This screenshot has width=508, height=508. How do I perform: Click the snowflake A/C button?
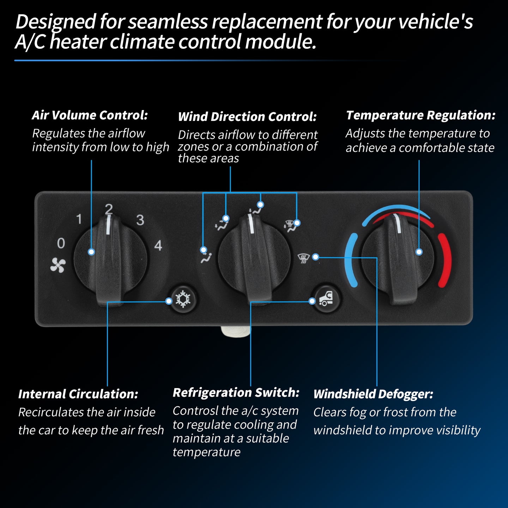click(183, 299)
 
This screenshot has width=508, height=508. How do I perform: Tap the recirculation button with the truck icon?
click(326, 299)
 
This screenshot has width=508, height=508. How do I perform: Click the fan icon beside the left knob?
click(58, 265)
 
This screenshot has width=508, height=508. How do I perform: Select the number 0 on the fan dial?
click(61, 243)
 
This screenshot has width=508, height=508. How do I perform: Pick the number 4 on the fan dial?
click(158, 245)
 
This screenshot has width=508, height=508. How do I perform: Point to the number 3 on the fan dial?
click(140, 220)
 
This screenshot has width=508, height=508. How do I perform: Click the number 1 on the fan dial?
click(79, 219)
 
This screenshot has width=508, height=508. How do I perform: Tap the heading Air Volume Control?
click(90, 115)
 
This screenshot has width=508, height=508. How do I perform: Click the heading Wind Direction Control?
click(247, 116)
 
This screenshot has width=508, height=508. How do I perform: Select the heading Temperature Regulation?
click(421, 115)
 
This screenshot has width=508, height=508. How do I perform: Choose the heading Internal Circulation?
click(78, 394)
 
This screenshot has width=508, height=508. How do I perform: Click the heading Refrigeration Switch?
click(236, 393)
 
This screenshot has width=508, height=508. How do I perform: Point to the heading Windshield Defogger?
click(373, 394)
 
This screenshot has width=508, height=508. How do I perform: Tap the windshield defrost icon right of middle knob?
click(303, 258)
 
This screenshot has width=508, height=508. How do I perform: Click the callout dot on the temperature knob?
click(419, 252)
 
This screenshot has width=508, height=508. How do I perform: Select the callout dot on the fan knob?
click(91, 252)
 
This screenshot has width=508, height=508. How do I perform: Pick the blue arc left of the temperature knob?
click(350, 260)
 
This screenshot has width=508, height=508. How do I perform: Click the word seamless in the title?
click(168, 22)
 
